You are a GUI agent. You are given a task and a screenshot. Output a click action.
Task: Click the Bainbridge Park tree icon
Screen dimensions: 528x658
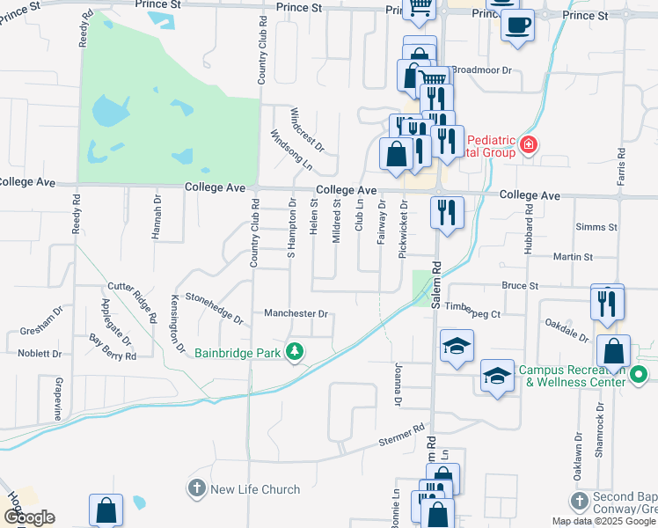296,353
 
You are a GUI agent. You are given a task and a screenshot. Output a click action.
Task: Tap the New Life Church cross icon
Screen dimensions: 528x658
197,488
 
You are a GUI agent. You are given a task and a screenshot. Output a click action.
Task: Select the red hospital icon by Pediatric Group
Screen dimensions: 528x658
528,145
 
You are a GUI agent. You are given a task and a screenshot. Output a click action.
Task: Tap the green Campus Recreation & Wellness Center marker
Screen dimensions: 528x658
640,375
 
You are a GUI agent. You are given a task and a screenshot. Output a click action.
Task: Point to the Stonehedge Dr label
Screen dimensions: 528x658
213,308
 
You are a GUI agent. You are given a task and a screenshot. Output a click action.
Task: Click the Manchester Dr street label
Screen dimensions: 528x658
296,313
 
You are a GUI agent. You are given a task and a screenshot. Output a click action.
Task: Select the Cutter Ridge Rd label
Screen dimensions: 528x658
132,300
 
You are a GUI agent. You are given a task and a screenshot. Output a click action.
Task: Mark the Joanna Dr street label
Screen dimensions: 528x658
398,385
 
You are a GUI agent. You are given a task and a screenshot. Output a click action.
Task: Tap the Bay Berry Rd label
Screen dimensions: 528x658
113,347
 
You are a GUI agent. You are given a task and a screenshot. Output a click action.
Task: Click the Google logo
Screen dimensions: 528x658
29,517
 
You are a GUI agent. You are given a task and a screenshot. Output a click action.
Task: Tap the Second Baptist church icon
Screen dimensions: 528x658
578,501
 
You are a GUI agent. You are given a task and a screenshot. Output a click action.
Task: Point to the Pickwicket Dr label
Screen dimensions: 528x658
402,229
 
